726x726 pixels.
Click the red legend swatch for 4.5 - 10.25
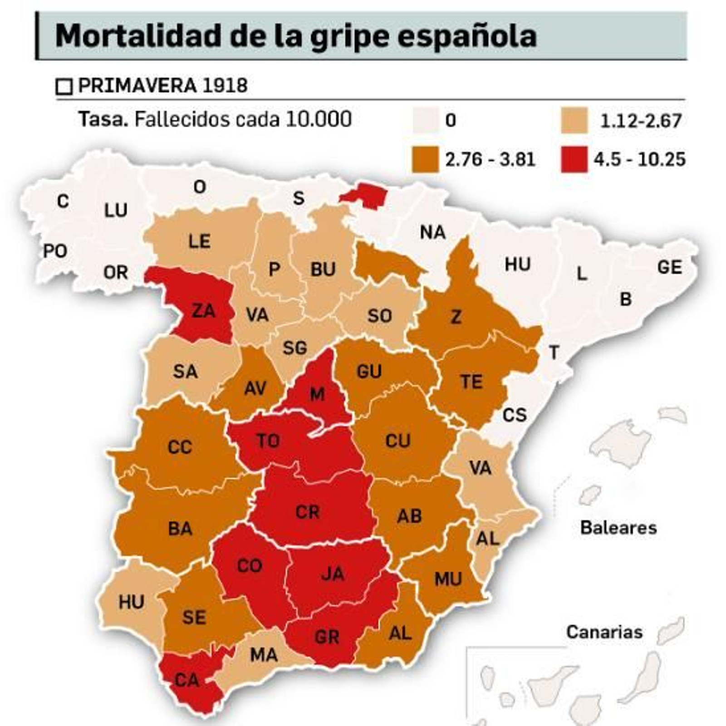coord(574,159)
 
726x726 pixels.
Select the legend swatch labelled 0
coord(426,120)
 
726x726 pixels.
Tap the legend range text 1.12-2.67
coord(641,121)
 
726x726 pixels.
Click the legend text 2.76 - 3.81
coord(490,160)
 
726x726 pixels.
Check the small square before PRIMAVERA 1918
coord(64,87)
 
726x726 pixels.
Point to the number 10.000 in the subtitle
coord(319,119)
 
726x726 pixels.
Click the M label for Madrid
coord(317,394)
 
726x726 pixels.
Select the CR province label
coord(308,512)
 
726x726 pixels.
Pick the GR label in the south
coord(327,637)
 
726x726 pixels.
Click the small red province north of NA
coord(364,196)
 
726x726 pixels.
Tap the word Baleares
coord(618,528)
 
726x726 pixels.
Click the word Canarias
coord(604,632)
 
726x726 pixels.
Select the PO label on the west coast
coord(55,251)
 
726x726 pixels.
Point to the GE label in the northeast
coord(670,267)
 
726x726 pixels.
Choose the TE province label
coord(471,382)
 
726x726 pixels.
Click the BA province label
coord(180,529)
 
